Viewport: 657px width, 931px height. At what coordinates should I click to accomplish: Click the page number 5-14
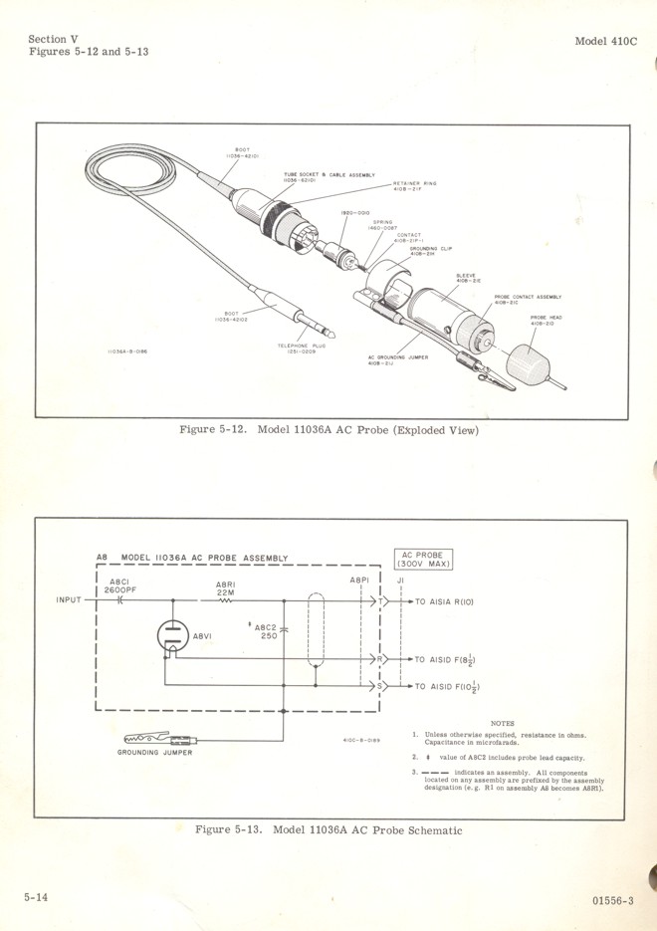[x=36, y=897]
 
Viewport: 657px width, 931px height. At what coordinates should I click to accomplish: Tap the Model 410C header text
[x=606, y=41]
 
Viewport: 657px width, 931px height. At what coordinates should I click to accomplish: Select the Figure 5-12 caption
[x=328, y=430]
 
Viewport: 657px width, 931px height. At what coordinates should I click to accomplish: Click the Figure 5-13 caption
[x=328, y=829]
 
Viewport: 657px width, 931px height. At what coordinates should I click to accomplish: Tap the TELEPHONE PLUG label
[x=302, y=348]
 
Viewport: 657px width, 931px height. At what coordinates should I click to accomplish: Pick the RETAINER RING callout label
[x=415, y=185]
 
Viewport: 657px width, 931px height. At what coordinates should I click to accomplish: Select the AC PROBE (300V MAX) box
[x=425, y=560]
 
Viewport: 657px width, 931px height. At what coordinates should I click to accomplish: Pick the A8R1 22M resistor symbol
[x=226, y=601]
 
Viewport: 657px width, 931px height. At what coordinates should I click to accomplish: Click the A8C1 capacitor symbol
[x=120, y=601]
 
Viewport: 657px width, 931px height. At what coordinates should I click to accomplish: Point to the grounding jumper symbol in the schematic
[x=159, y=739]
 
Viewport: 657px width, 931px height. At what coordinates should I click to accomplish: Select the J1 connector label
[x=400, y=581]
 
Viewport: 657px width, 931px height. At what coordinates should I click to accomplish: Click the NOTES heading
[x=503, y=723]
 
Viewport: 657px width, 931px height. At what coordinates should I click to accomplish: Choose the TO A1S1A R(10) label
[x=449, y=603]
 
